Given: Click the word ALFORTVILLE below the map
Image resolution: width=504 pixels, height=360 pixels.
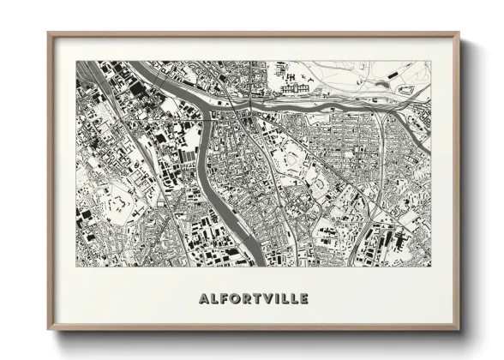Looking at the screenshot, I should point(253,298).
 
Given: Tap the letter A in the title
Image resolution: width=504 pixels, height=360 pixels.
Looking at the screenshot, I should point(203,298).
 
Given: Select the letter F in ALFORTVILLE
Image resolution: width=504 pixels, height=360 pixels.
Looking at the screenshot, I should point(224,298).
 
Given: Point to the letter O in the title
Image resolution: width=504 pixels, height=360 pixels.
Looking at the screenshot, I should point(235,298).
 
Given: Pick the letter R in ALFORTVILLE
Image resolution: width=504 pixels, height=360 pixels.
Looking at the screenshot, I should point(247,298).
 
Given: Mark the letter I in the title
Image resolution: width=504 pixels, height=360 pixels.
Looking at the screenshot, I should point(278,298).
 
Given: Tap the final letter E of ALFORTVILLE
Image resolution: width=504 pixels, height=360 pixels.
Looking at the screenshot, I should point(303,298).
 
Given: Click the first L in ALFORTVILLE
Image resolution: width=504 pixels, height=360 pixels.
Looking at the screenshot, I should point(213,298).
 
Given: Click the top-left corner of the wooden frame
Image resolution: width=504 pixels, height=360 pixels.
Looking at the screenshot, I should point(49,33).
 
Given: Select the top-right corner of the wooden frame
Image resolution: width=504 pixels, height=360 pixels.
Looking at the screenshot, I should point(459,33).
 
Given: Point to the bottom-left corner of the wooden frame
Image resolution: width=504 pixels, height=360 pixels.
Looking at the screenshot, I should point(49,330).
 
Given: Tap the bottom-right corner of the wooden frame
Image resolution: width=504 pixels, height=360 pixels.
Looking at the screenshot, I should point(459,330).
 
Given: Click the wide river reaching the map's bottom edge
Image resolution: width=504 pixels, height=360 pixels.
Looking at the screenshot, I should point(249,254).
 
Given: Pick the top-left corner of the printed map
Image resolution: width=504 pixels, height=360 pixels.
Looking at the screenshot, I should point(75,61).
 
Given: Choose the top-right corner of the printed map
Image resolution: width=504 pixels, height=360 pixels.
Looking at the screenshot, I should point(431,61).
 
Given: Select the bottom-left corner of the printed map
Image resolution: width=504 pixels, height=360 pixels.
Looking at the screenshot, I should point(75,266).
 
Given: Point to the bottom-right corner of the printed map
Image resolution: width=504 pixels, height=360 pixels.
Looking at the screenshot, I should point(431,266).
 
